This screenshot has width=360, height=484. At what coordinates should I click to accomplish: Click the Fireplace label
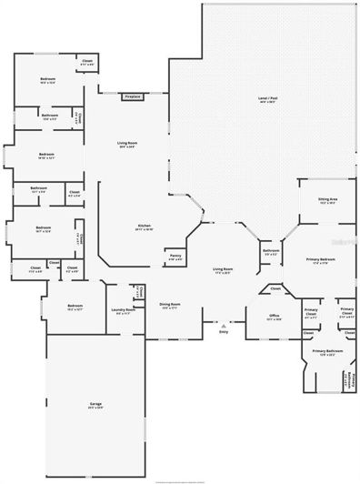pos(133,96)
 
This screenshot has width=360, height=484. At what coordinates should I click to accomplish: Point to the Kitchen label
pos(144,227)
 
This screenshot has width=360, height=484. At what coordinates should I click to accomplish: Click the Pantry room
pos(175,257)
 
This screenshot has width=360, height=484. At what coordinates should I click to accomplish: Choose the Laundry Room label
pos(122,312)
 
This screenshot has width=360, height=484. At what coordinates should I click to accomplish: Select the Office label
pos(275,318)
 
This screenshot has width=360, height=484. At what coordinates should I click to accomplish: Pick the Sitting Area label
pos(327,202)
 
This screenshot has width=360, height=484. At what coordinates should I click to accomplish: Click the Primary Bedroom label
pos(322,261)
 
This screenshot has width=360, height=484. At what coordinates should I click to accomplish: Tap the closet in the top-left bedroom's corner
pos(86,63)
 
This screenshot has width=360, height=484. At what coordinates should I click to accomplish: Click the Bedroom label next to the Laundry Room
pos(75,308)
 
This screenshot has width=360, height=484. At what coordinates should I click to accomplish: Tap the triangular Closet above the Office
pos(275,290)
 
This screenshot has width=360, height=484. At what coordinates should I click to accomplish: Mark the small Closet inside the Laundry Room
pos(141,292)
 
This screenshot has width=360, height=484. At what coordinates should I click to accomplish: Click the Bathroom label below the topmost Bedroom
pos(49,116)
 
